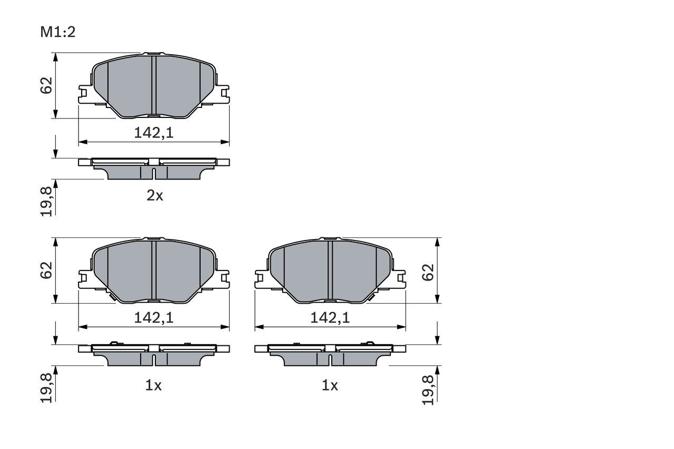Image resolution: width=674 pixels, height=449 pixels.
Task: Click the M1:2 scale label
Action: tap(58, 32)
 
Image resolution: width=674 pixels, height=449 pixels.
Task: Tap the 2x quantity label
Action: tap(154, 196)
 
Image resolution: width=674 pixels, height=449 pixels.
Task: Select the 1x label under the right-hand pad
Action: tap(330, 385)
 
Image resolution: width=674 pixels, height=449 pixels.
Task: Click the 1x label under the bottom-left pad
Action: tap(153, 385)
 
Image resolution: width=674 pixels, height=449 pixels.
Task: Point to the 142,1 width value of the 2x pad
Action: tap(153, 133)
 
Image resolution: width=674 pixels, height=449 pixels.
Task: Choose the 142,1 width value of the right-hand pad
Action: tap(330, 317)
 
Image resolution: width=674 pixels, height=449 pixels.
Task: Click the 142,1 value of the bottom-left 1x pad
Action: tap(153, 317)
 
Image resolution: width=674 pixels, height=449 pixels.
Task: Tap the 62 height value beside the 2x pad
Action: tap(47, 85)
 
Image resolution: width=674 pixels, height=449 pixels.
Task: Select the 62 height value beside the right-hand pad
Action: tap(428, 271)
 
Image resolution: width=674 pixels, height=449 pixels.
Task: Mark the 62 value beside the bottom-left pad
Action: tap(47, 270)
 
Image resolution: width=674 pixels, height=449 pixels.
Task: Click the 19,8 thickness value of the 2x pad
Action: tap(47, 201)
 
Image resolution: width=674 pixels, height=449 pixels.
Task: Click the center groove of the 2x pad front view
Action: tap(154, 86)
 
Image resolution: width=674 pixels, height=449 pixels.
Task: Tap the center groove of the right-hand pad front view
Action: tap(330, 271)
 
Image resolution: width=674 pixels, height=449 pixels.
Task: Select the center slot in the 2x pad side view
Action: tap(154, 173)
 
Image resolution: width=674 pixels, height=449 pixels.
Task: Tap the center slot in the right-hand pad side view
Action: tap(330, 360)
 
